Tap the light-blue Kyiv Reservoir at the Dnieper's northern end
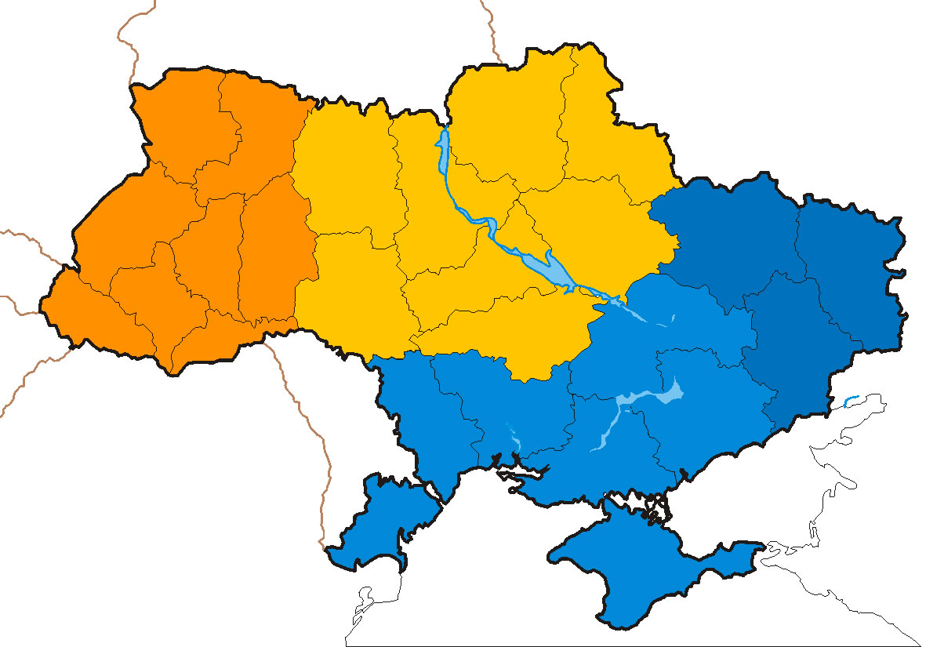pos(444,153)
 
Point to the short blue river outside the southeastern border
pos(850,402)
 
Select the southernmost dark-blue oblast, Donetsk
pos(784,353)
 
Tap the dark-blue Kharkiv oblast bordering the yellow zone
pos(721,235)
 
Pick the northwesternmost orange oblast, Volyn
pos(180,118)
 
